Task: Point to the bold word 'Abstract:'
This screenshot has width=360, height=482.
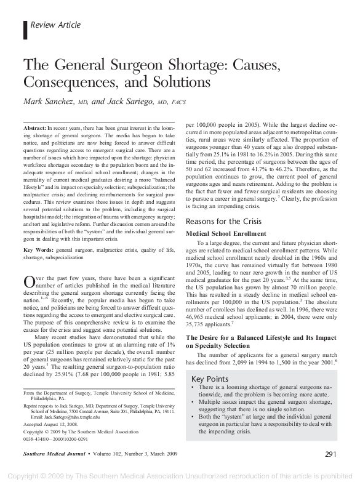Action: (35, 126)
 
